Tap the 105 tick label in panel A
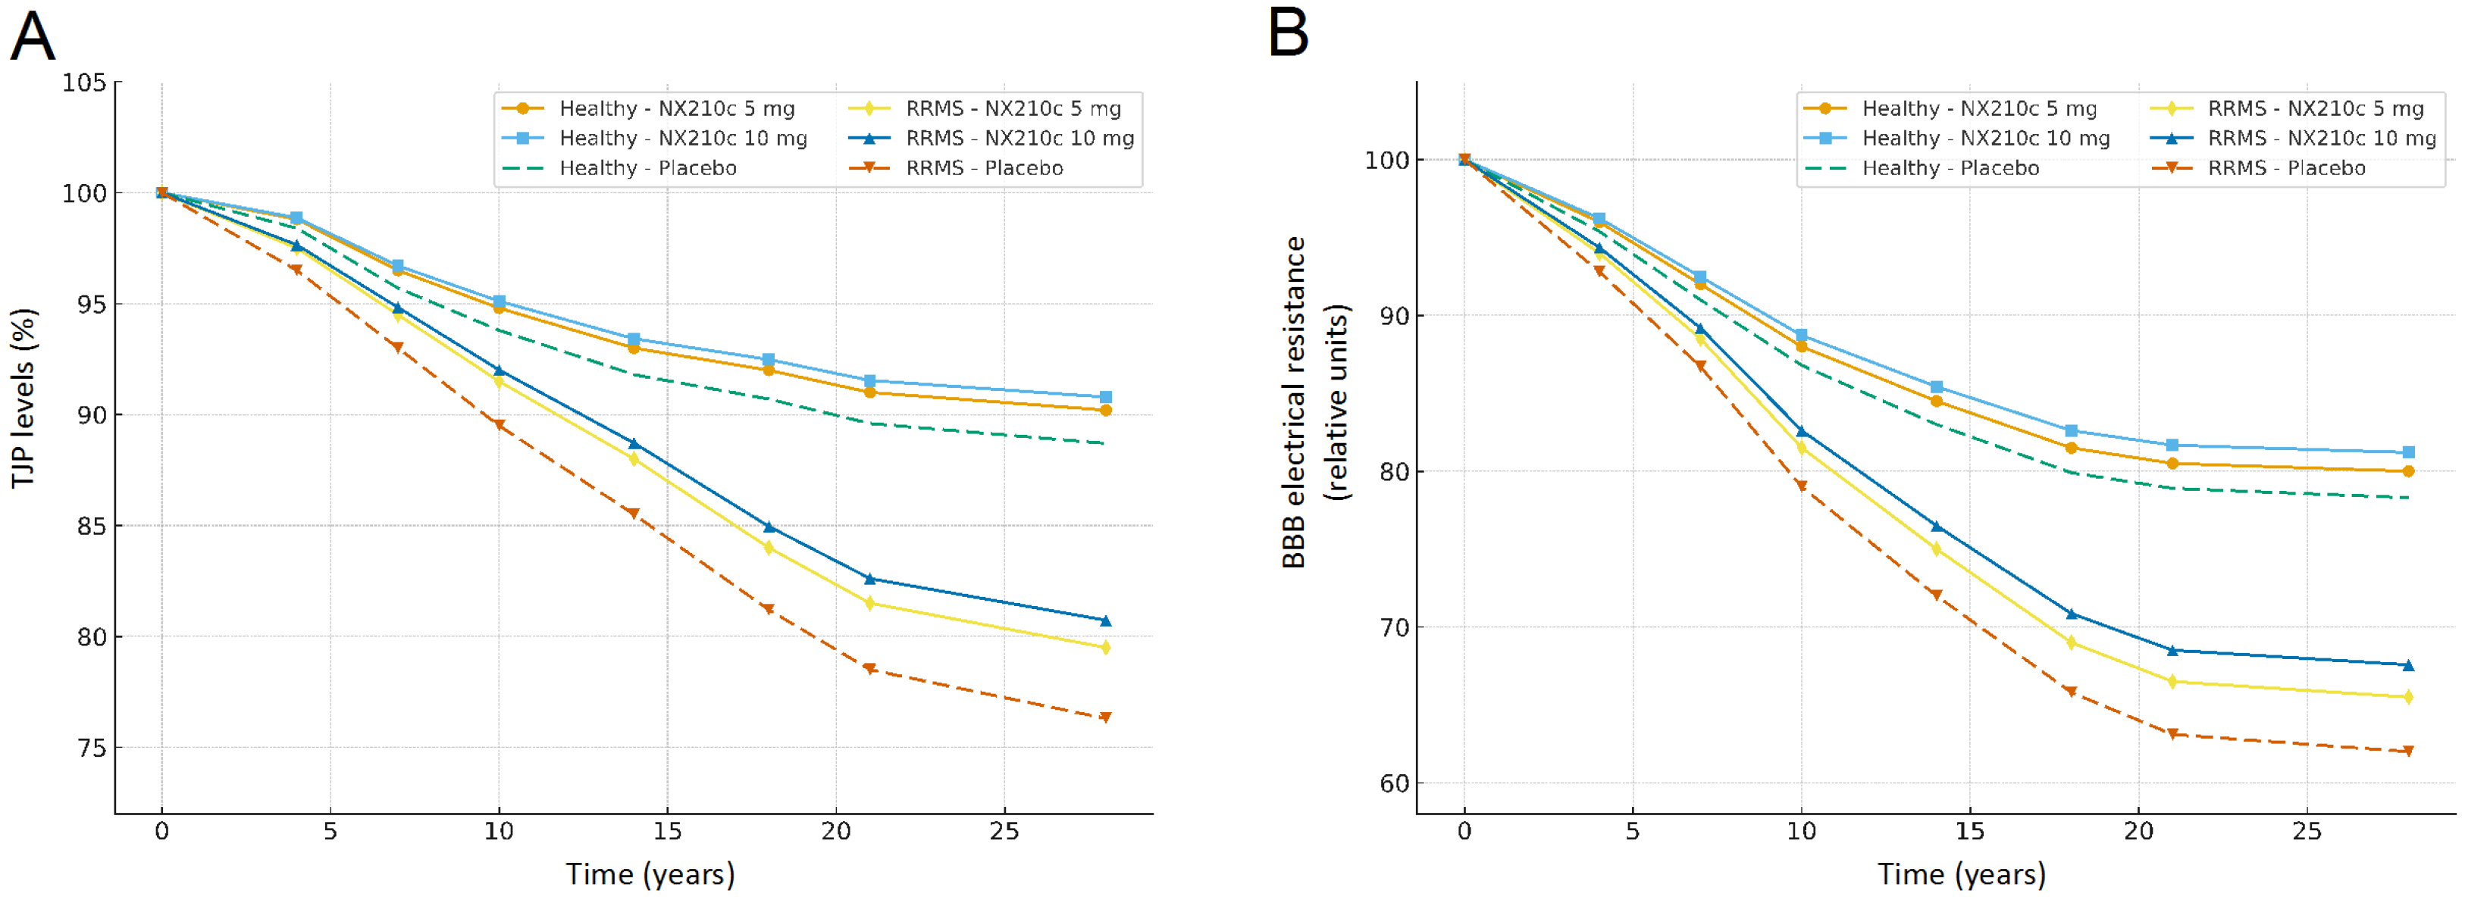84,83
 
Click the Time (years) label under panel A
650,874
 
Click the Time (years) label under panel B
1962,874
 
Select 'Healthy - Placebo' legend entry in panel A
648,168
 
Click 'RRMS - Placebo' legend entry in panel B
2286,168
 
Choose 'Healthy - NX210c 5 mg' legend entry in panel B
1979,109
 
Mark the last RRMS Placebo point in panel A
1105,717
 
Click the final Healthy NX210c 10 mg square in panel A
1105,397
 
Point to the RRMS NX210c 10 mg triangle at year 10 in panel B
1801,431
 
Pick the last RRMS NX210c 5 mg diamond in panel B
2409,697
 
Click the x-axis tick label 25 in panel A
1004,832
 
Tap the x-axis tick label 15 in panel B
1969,832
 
